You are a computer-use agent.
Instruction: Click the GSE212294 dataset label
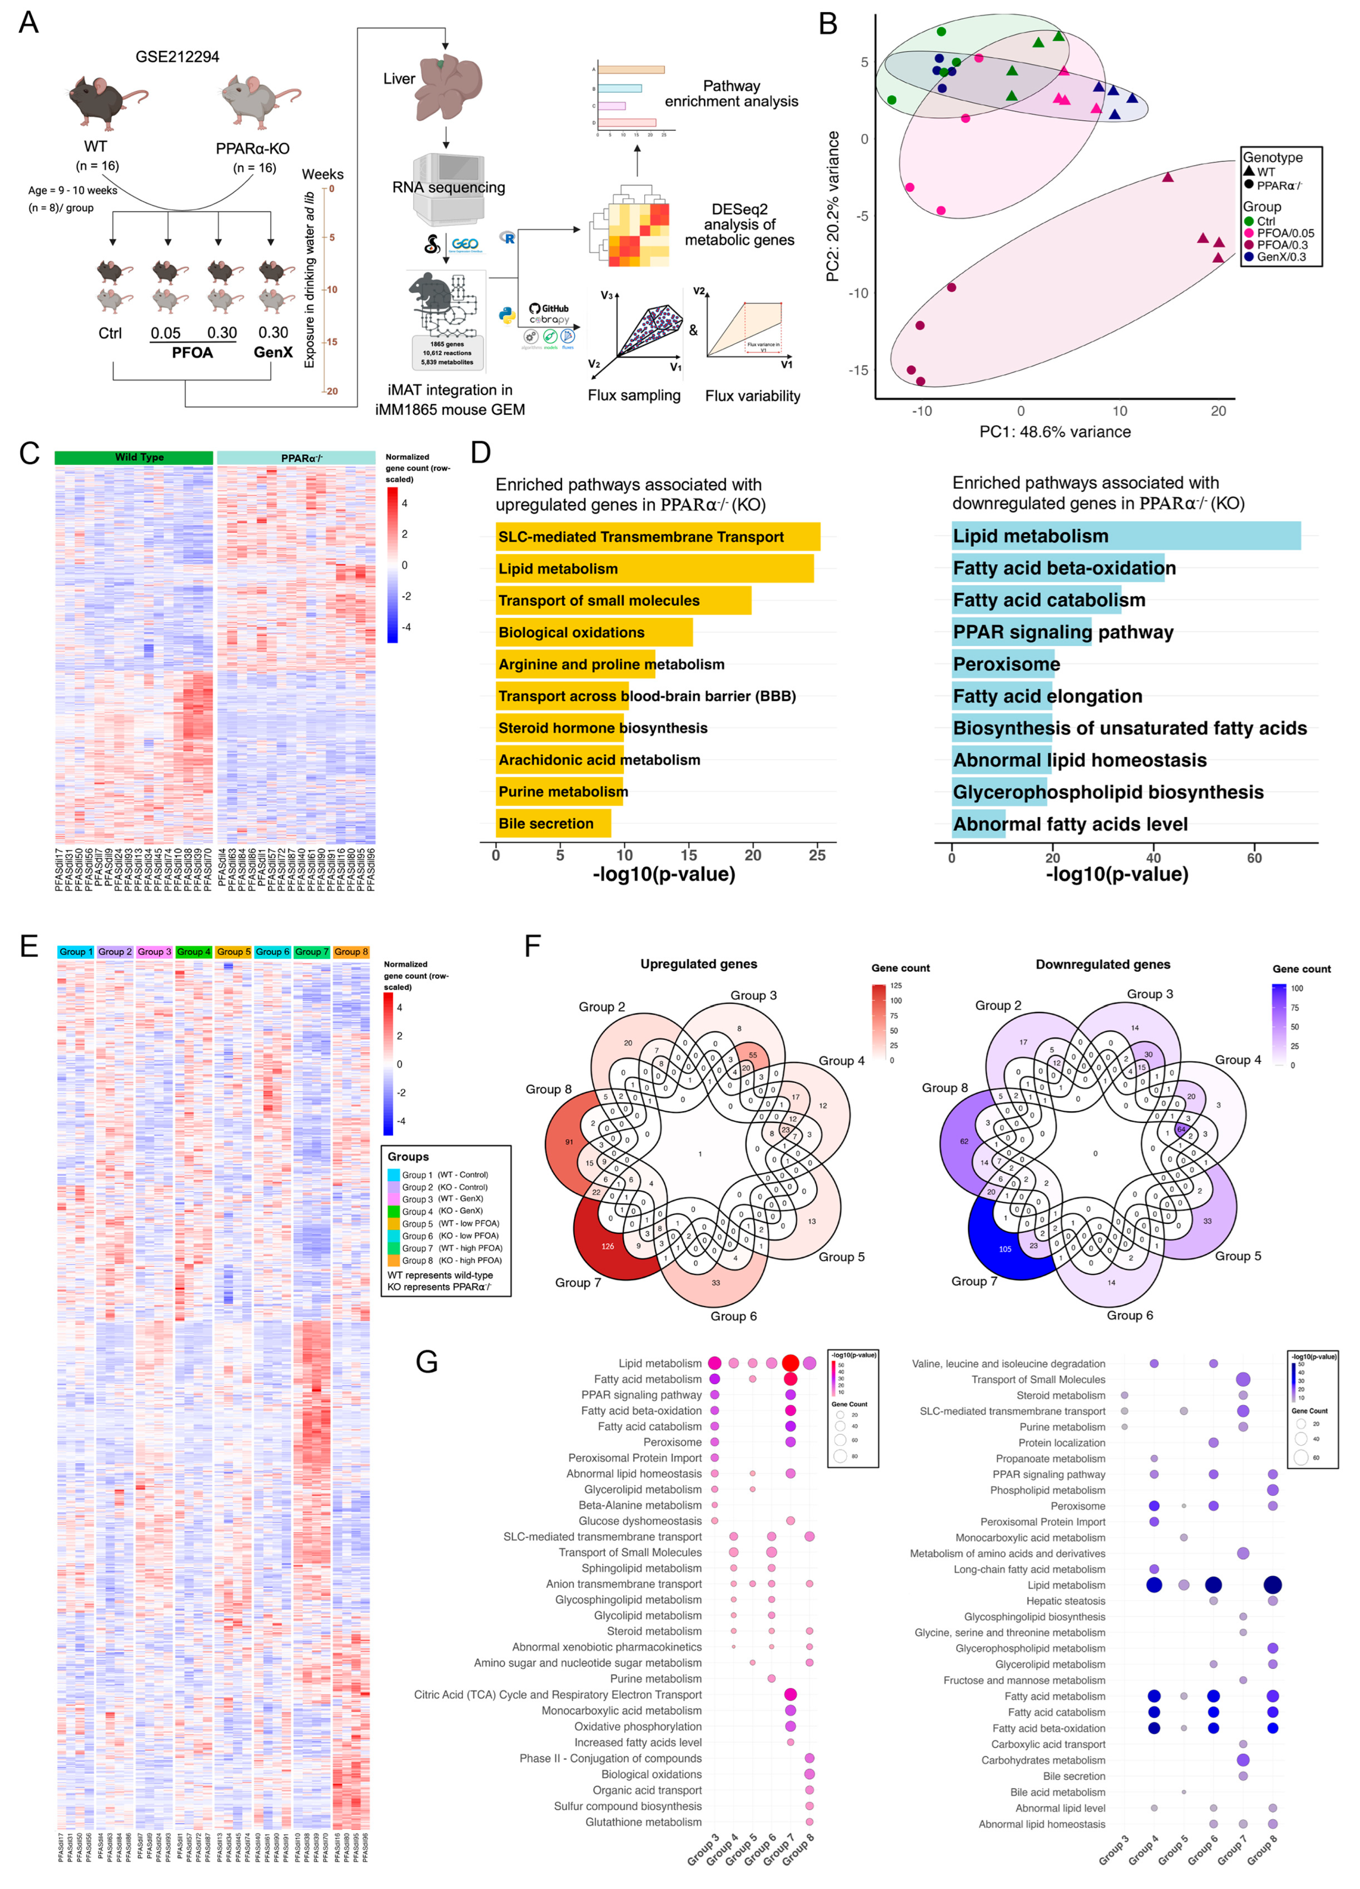[x=178, y=57]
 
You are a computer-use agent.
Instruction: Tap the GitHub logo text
[x=555, y=308]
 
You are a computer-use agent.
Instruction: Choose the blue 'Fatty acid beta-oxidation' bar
[x=1058, y=568]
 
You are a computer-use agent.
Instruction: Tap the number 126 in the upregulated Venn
[x=608, y=1246]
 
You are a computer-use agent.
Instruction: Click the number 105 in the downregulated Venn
[x=1005, y=1248]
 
